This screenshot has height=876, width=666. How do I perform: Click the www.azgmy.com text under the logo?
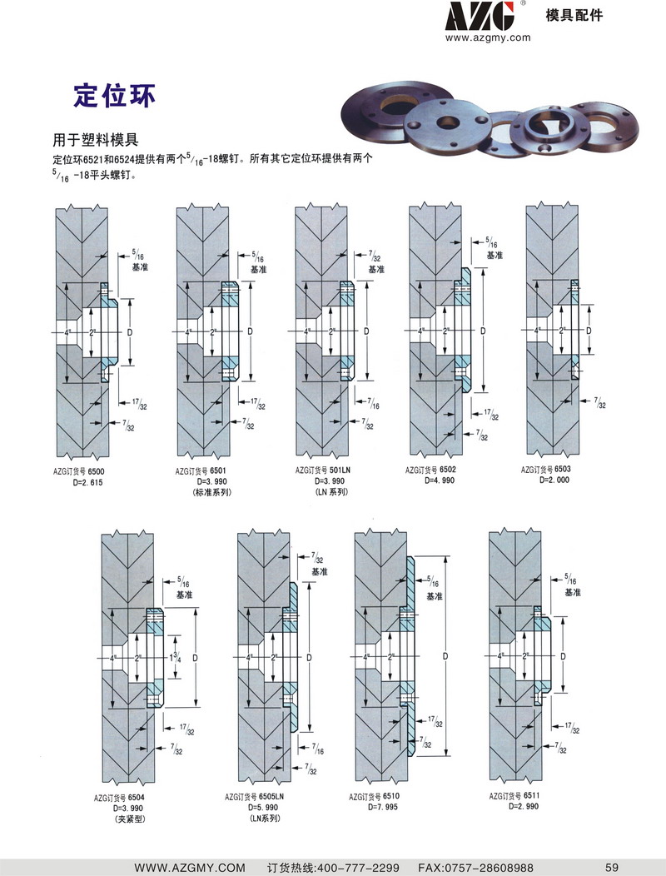489,37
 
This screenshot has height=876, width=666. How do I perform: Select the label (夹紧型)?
130,820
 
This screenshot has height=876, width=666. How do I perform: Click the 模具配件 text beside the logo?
574,16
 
